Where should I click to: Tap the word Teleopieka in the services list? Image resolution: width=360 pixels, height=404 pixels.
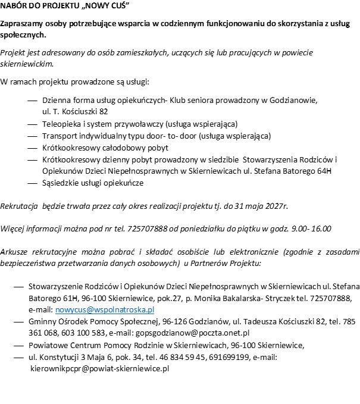point(61,124)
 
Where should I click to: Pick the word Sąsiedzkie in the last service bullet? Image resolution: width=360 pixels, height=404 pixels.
point(63,183)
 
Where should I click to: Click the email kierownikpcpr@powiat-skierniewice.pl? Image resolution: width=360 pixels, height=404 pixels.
point(100,369)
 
